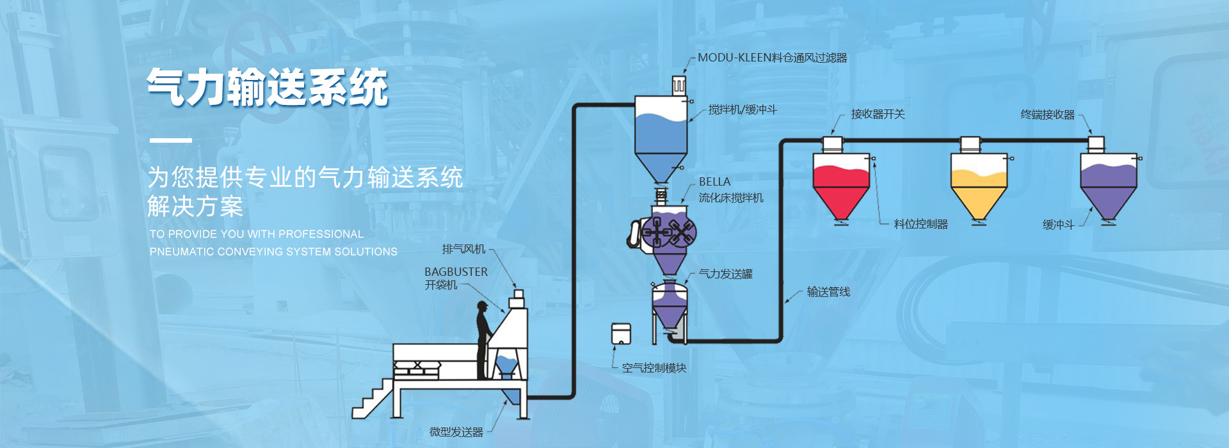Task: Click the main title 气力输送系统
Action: [268, 88]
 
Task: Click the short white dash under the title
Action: [170, 140]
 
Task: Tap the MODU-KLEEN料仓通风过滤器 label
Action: [772, 58]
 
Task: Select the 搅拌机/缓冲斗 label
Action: [743, 110]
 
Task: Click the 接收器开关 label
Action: [878, 115]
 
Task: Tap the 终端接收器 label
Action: [1047, 115]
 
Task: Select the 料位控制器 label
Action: [920, 224]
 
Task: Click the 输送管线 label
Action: [828, 292]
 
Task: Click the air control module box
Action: [621, 334]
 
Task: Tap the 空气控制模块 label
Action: [654, 368]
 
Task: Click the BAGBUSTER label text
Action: [456, 272]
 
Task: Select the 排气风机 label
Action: [463, 249]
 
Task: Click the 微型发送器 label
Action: [456, 432]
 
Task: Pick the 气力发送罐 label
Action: [725, 274]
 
